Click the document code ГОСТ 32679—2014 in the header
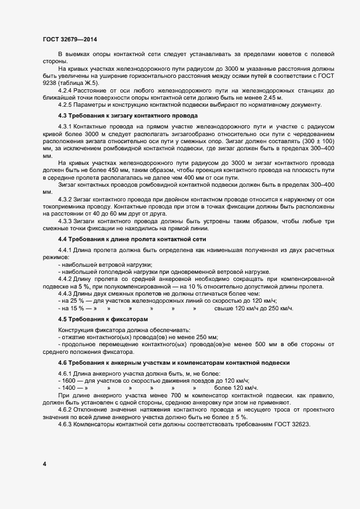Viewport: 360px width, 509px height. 70,39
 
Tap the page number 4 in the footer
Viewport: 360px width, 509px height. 44,464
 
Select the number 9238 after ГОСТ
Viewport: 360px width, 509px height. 50,83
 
